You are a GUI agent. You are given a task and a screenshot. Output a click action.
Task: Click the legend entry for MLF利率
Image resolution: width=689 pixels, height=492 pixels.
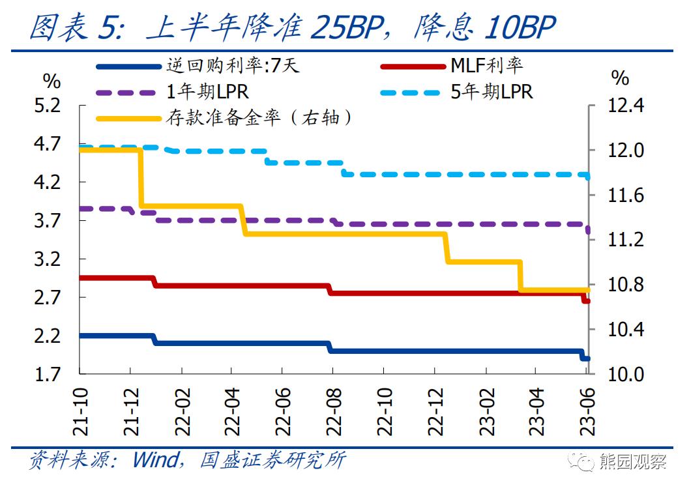coord(486,66)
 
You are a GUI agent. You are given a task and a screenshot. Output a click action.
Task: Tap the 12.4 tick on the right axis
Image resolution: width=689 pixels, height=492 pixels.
coord(624,105)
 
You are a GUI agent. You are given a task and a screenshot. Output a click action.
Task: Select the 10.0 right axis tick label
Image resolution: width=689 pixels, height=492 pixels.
coord(624,375)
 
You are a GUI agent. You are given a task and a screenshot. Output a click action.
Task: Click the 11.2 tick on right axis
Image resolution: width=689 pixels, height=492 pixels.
coord(624,240)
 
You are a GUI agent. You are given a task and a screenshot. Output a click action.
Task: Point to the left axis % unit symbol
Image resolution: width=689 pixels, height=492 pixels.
coord(51,81)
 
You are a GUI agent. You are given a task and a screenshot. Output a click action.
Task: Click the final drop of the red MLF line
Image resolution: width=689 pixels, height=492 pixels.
coord(585,298)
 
